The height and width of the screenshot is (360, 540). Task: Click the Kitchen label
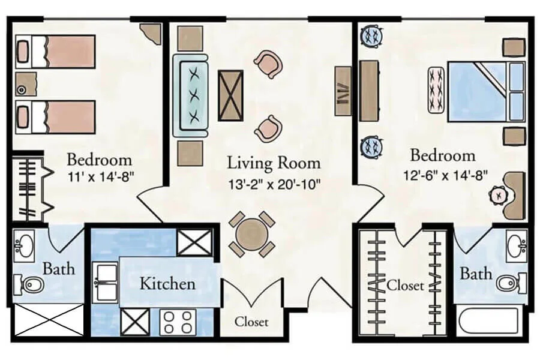[x=167, y=283]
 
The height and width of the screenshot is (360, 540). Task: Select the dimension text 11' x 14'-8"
[x=99, y=178]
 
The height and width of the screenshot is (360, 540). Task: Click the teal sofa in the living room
[x=190, y=95]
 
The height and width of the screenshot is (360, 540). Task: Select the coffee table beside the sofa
[x=230, y=94]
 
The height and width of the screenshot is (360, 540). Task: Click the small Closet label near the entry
[x=251, y=322]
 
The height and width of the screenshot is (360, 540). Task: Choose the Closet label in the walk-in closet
[x=405, y=284]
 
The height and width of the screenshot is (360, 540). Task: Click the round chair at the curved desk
[x=499, y=195]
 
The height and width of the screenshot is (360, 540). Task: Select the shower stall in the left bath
[x=48, y=319]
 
